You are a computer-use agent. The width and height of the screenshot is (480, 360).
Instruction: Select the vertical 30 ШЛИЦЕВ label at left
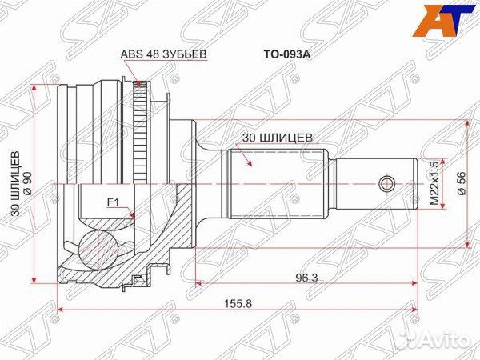click(x=15, y=185)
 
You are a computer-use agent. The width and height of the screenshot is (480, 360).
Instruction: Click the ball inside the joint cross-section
click(x=98, y=246)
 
